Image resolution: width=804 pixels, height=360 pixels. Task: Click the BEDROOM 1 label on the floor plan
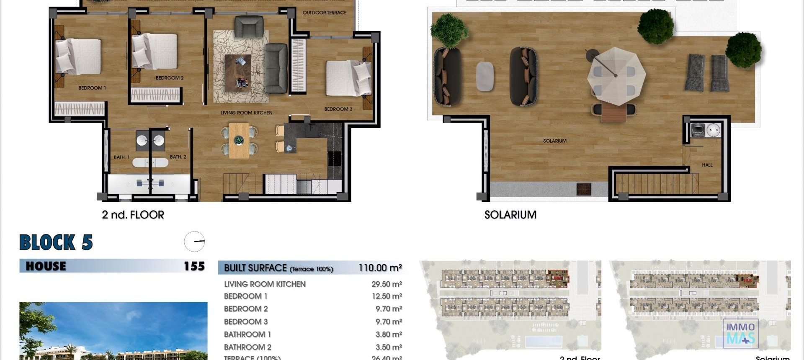(x=92, y=88)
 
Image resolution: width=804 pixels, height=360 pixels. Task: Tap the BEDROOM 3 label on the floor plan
(x=338, y=109)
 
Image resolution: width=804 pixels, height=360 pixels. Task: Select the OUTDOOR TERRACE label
(x=324, y=13)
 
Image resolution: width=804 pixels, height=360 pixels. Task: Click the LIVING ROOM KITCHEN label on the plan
(x=246, y=113)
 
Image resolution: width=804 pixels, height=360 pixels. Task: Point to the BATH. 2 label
(x=178, y=157)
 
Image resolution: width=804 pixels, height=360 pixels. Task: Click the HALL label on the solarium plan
(x=707, y=165)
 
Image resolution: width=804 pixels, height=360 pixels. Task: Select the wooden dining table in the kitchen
(x=239, y=140)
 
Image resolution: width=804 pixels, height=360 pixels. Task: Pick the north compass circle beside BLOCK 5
(x=194, y=242)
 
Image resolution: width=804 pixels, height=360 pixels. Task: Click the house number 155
(x=194, y=266)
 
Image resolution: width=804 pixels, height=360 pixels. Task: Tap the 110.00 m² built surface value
(x=380, y=268)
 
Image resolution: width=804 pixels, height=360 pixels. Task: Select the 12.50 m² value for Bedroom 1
(x=387, y=296)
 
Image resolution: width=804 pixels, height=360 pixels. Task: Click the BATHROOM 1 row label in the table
(x=247, y=334)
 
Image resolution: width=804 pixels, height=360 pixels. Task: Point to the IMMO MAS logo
(x=740, y=333)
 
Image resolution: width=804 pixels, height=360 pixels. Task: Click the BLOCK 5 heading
(x=56, y=242)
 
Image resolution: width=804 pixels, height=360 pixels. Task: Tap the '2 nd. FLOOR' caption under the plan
(x=133, y=215)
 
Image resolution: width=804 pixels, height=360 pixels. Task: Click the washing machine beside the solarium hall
(x=697, y=130)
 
